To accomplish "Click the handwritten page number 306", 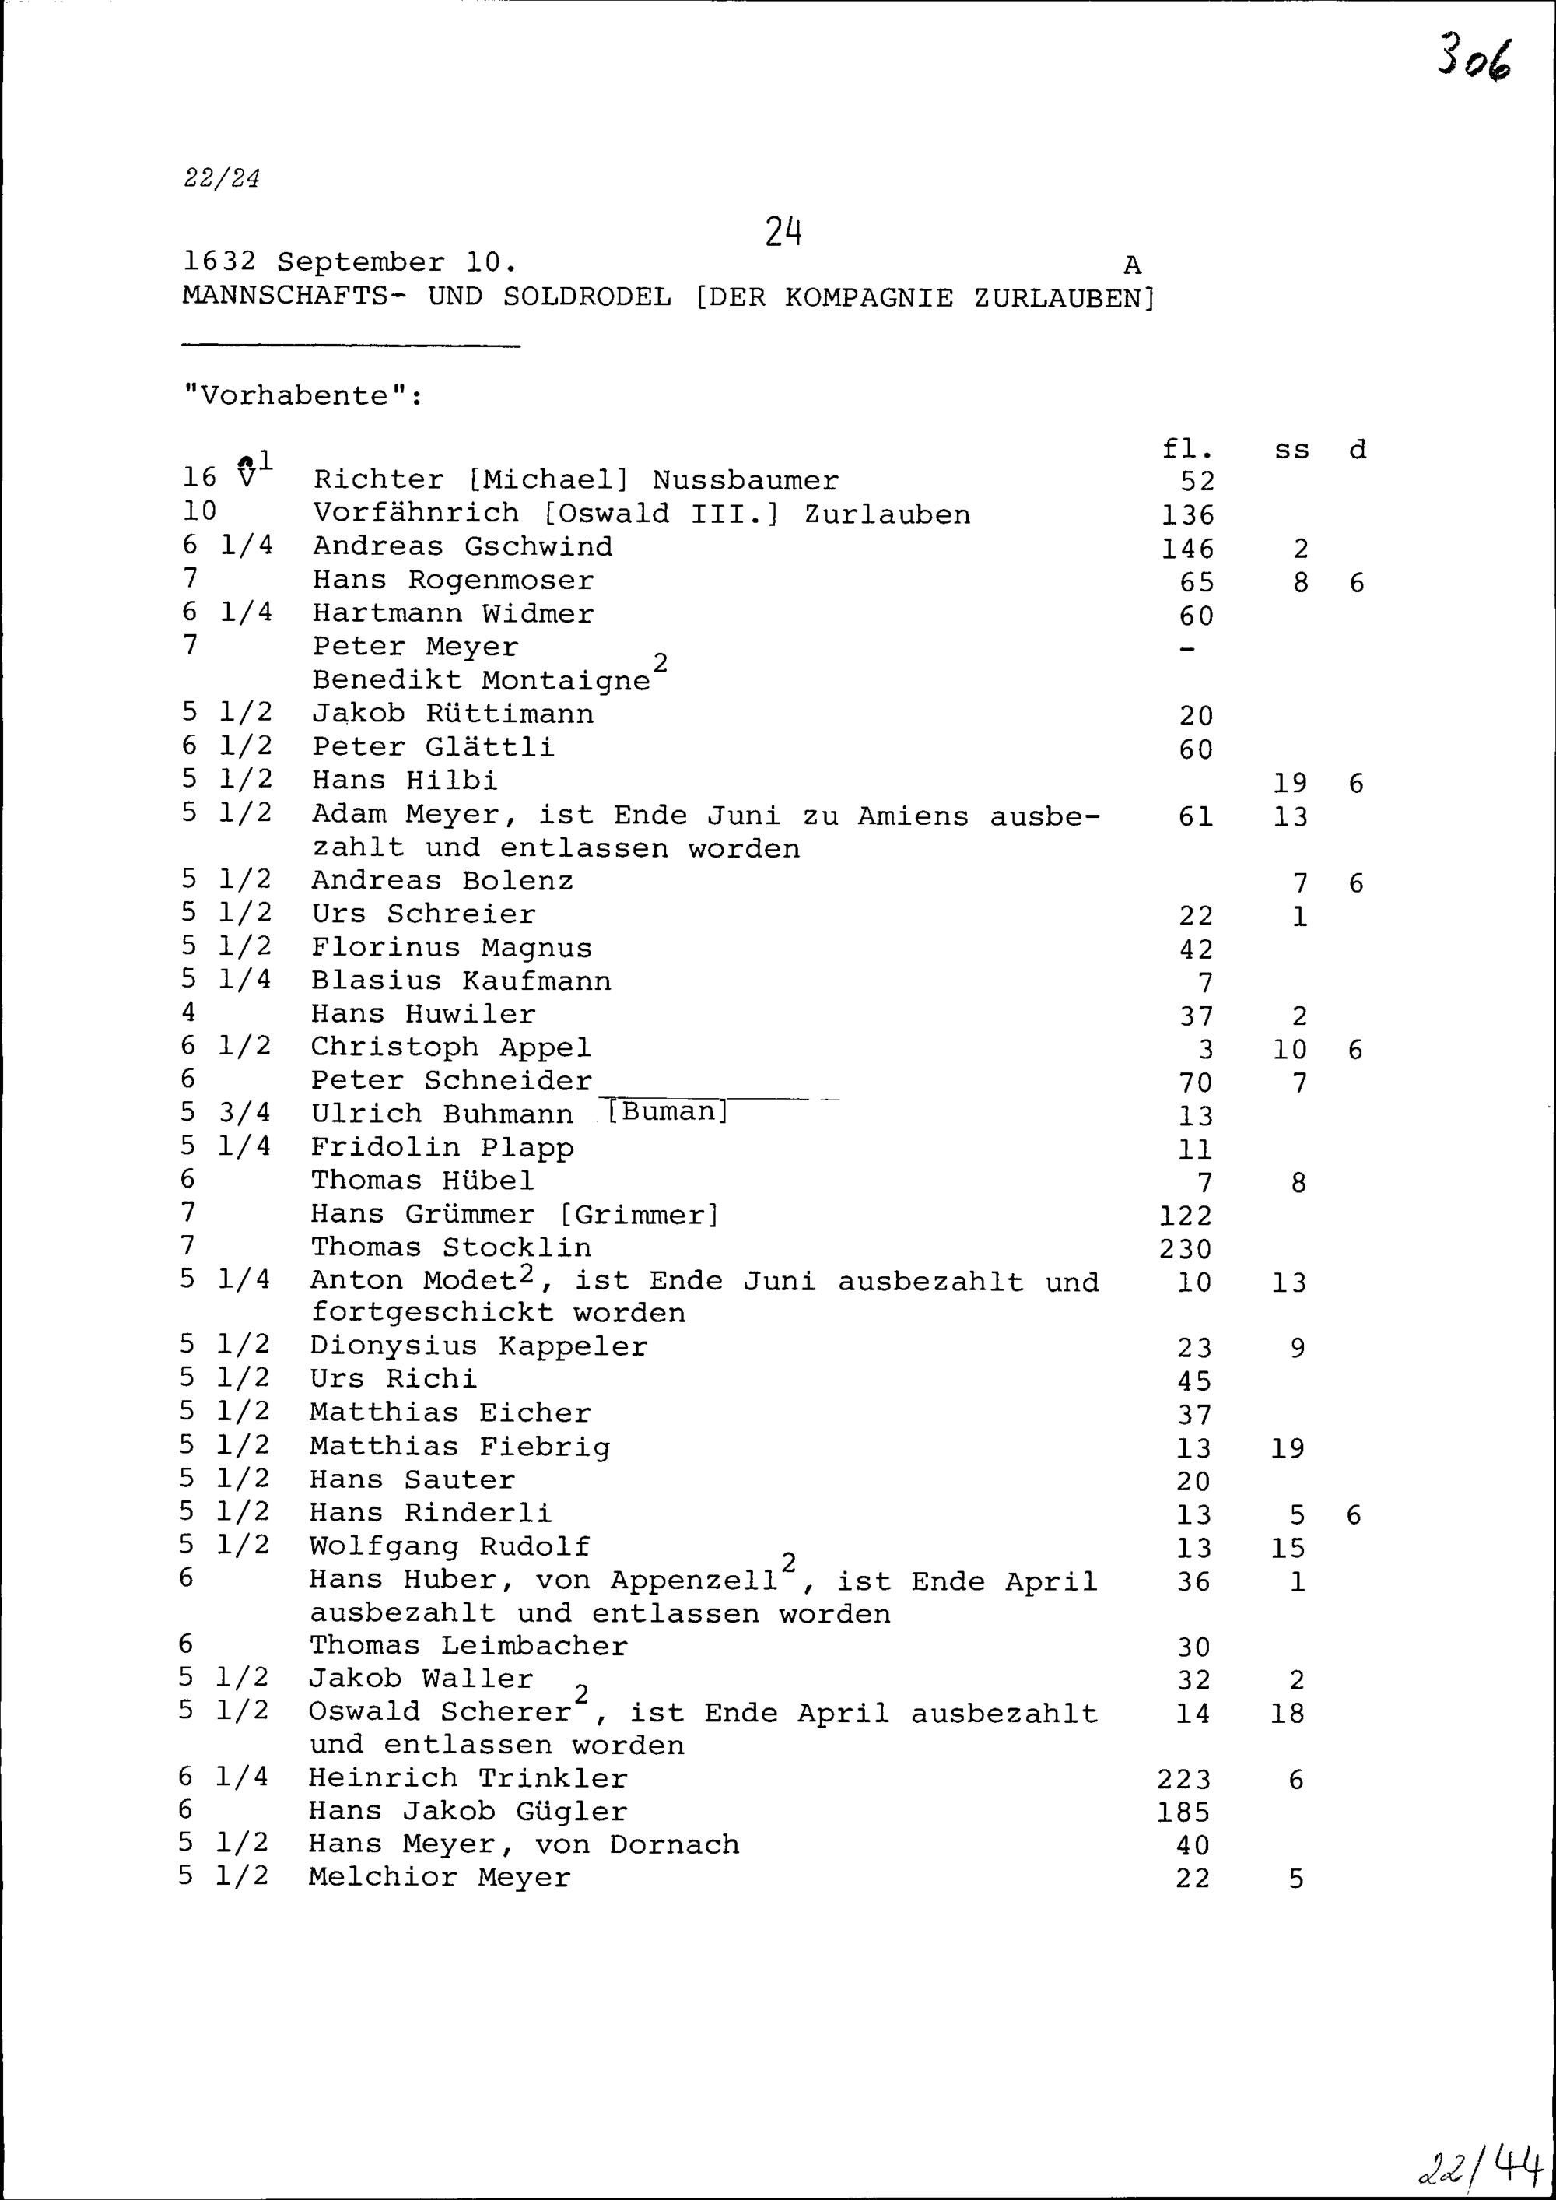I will coord(1474,58).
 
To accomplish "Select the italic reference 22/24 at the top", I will coord(221,178).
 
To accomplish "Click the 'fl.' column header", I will coord(1187,448).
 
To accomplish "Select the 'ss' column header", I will coord(1291,449).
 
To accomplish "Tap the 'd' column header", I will coord(1357,449).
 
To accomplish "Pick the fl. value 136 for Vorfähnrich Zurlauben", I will coord(1187,515).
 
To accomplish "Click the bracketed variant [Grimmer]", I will coord(638,1215).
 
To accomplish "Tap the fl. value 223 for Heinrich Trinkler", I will coord(1184,1779).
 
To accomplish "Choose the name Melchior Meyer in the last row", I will coord(439,1877).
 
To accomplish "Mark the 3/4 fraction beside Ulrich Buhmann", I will coord(244,1113).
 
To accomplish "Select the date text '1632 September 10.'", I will coord(350,261).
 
